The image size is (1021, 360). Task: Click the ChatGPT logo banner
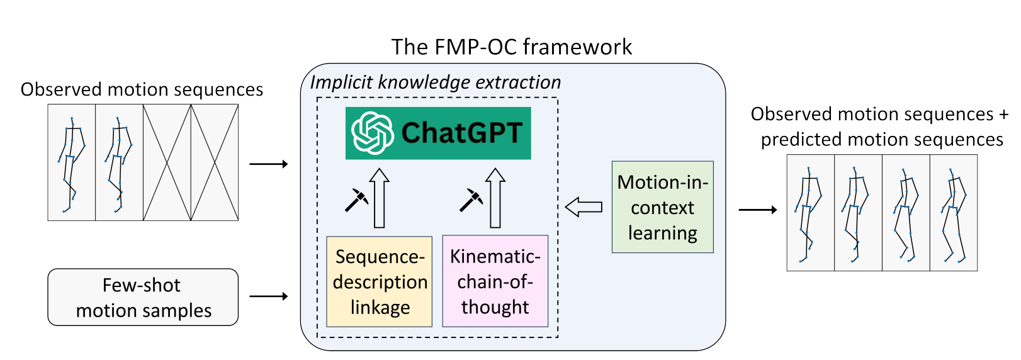point(438,133)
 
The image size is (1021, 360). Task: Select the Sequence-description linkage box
point(380,281)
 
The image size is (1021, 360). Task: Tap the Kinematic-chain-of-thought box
point(495,281)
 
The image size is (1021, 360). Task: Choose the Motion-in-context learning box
point(662,207)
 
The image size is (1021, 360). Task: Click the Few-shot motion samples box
point(143,297)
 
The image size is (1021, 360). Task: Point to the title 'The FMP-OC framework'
point(511,47)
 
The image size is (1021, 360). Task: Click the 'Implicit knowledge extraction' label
point(435,82)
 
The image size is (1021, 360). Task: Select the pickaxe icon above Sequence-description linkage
point(356,200)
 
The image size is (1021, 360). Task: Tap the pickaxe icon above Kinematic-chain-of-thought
point(471,200)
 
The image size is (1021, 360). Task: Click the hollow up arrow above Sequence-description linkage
point(379,198)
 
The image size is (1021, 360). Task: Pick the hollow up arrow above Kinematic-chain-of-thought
point(495,198)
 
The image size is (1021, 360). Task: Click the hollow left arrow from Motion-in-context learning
point(584,206)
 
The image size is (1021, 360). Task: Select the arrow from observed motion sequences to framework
point(269,164)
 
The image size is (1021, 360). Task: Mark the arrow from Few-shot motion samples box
point(269,296)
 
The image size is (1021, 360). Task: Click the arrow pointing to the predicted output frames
point(758,210)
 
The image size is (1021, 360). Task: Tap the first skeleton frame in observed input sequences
point(72,162)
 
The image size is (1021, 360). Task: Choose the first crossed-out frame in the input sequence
point(167,162)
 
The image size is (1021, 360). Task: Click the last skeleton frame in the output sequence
point(954,213)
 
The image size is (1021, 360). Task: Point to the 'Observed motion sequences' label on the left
point(142,89)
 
